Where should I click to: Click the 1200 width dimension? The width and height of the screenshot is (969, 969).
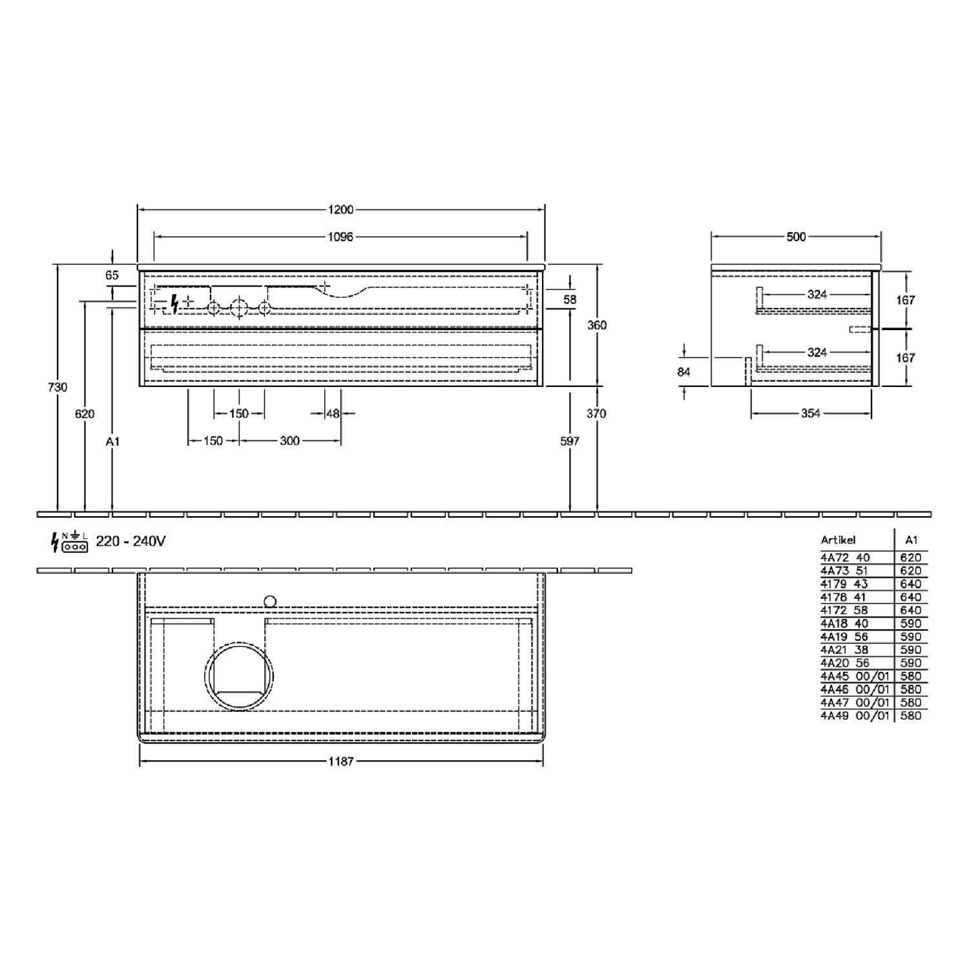[x=340, y=209]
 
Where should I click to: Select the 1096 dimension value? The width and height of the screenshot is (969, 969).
[x=340, y=237]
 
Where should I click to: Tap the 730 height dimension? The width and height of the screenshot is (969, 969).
[x=57, y=387]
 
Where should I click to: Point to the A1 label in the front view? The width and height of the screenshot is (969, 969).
[x=112, y=441]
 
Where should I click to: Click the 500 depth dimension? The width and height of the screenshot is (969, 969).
[x=796, y=237]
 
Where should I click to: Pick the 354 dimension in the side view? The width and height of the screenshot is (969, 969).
[x=810, y=413]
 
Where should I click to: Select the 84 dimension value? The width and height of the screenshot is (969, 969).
[x=683, y=371]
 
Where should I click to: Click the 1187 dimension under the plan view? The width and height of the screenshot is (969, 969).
[x=340, y=762]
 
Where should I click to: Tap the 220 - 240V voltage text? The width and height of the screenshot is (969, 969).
[x=130, y=541]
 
